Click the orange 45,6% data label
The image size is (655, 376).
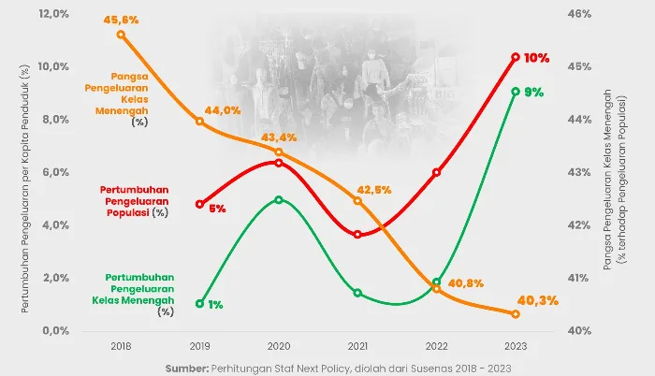(x=122, y=19)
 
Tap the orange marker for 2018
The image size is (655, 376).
(x=121, y=35)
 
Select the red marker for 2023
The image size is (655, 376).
(x=516, y=57)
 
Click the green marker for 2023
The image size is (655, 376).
(x=516, y=92)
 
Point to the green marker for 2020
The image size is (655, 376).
(x=279, y=200)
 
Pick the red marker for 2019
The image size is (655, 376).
(x=199, y=204)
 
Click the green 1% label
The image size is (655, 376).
(x=215, y=305)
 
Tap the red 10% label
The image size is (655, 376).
(x=536, y=58)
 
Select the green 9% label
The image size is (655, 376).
(x=534, y=93)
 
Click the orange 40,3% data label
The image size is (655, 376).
(x=537, y=300)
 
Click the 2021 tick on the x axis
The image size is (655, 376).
(x=357, y=346)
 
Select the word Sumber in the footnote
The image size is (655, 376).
(x=186, y=367)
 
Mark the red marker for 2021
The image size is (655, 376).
(x=357, y=234)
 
